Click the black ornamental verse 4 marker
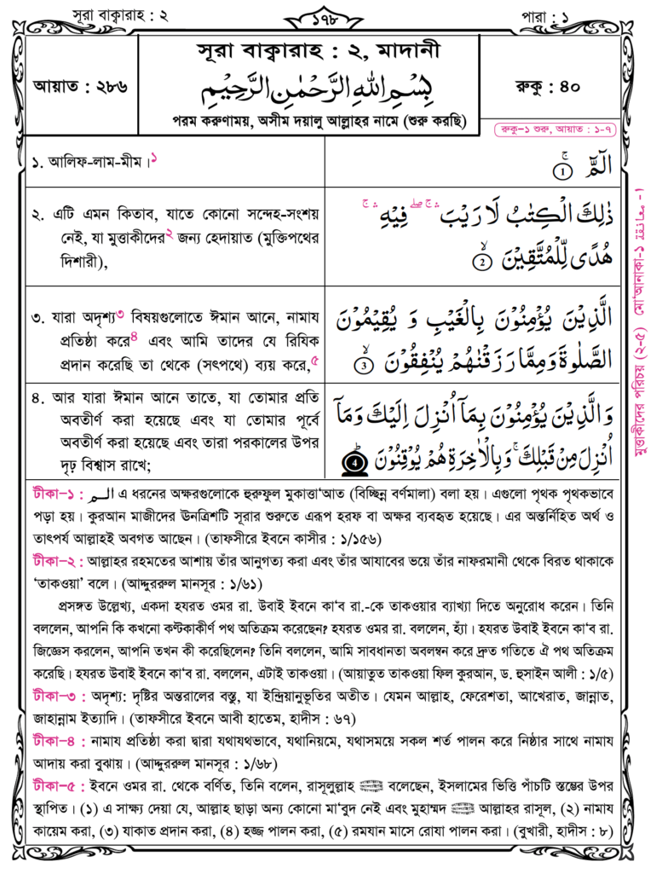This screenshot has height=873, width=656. point(354,463)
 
